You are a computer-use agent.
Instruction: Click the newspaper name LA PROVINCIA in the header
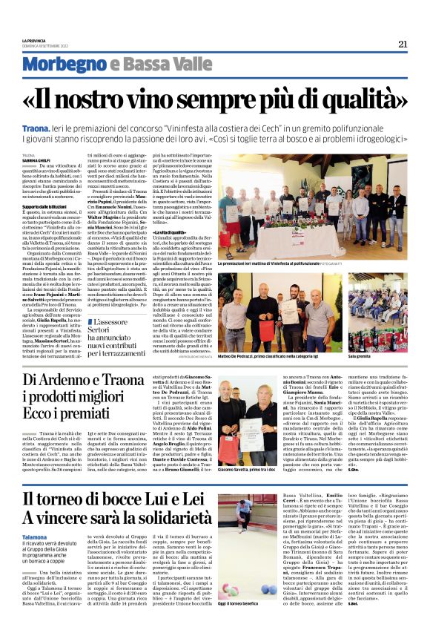coord(35,41)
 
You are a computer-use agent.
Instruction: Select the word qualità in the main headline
coord(353,97)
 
